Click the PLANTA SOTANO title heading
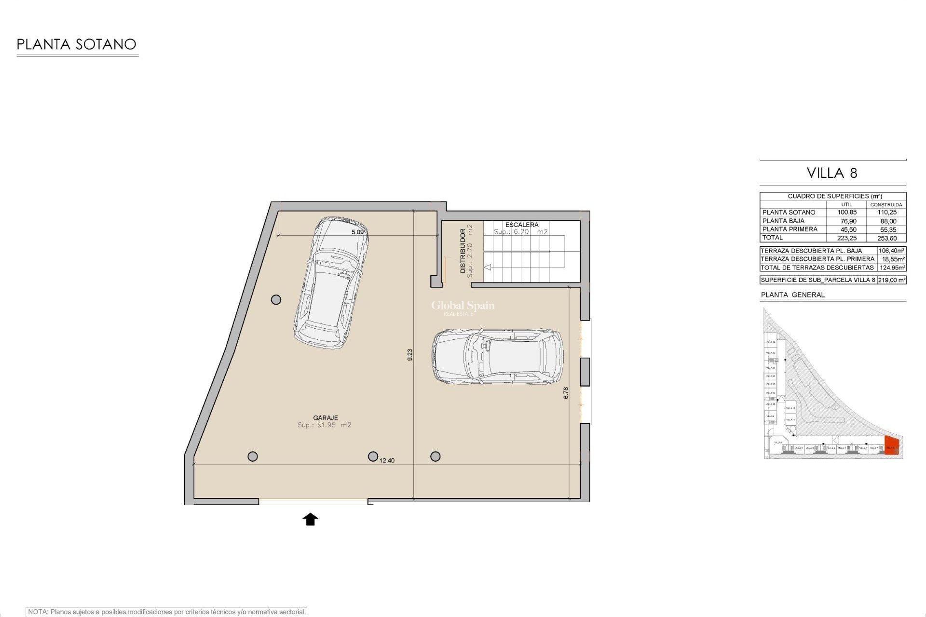[76, 44]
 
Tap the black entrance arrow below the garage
[310, 519]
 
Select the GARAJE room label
[326, 418]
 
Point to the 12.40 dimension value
[387, 460]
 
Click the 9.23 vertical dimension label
[410, 355]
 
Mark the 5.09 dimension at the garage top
[357, 232]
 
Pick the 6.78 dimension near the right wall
[566, 393]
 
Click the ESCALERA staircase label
[522, 225]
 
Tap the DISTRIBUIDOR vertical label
[463, 251]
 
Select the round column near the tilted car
[276, 300]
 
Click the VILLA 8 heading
[832, 173]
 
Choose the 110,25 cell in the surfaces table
[886, 213]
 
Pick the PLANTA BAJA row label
[783, 221]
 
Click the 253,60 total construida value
[886, 238]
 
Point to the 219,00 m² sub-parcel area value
[891, 280]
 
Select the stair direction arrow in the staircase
[488, 267]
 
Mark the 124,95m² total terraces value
[892, 268]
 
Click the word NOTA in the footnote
[38, 612]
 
